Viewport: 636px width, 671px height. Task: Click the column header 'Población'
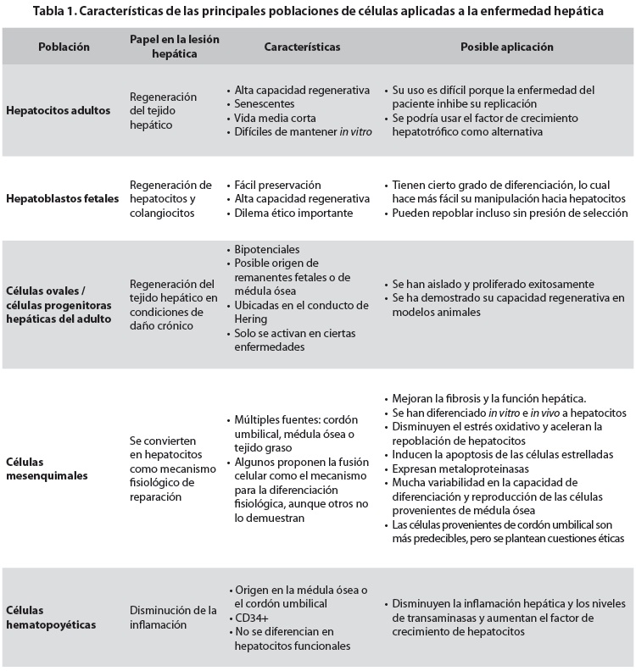click(64, 47)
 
